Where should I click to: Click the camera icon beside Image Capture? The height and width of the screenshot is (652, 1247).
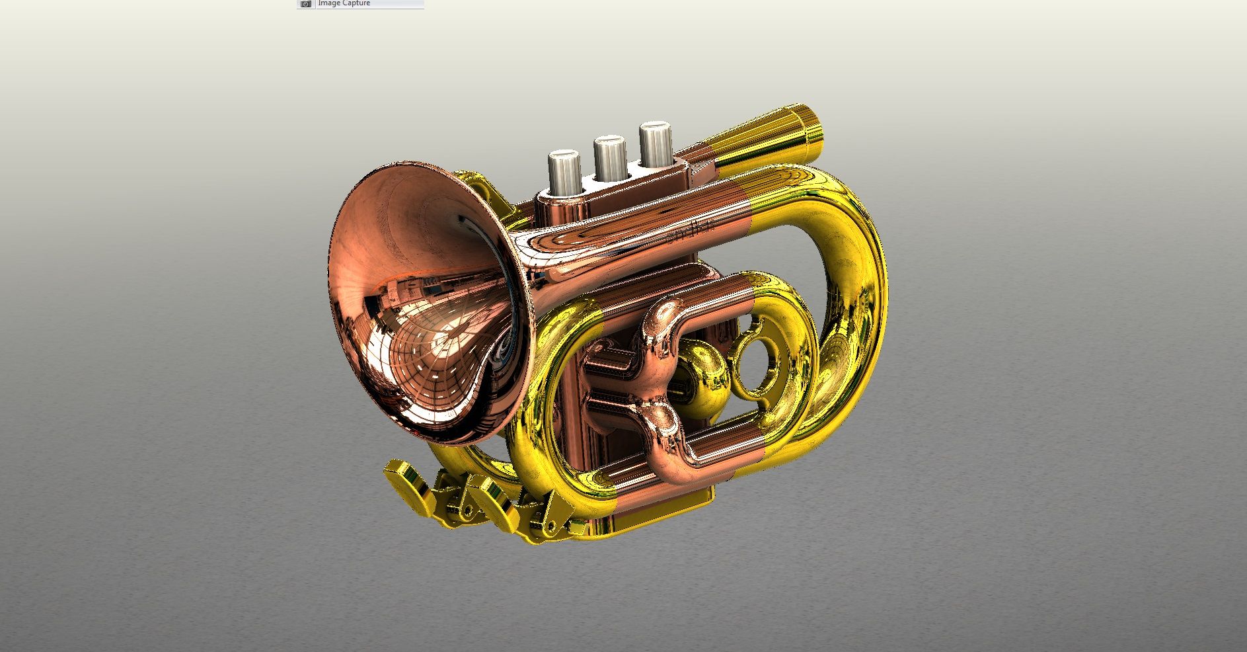click(305, 4)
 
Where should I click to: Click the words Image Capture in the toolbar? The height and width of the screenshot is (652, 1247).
click(344, 3)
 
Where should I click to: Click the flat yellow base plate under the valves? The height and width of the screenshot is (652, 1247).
click(661, 516)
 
